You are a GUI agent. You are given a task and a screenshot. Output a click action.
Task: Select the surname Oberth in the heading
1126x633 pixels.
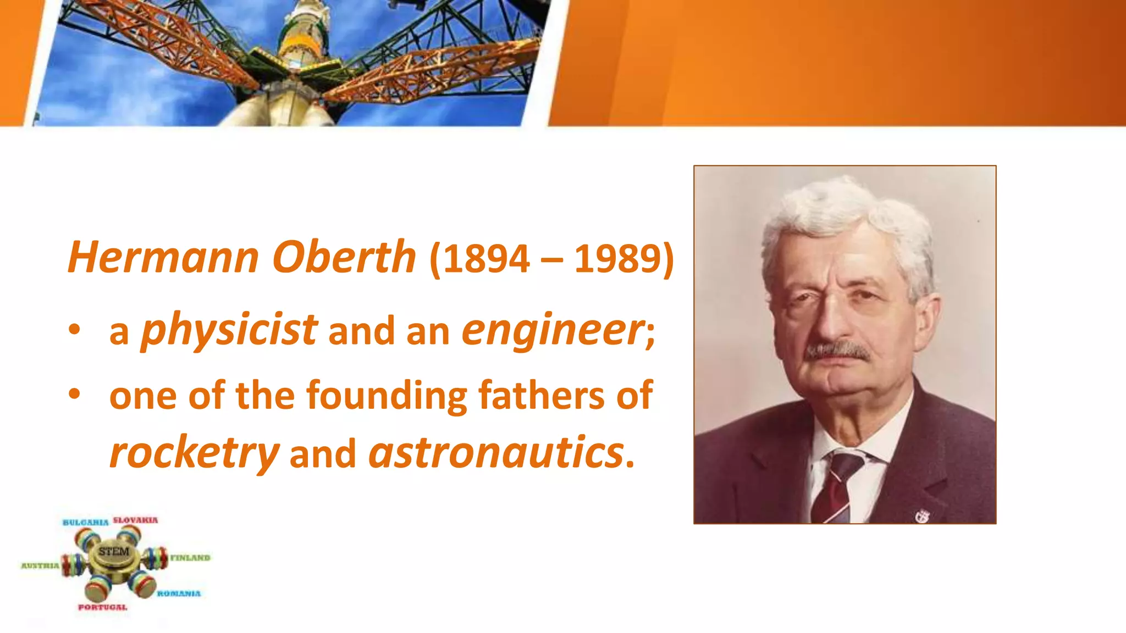(x=344, y=257)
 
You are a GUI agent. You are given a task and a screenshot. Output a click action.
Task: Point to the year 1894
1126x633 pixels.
(x=487, y=258)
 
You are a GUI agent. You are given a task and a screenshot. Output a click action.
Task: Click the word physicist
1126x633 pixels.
(x=229, y=330)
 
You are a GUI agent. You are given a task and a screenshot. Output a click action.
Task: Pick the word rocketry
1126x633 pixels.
(x=194, y=453)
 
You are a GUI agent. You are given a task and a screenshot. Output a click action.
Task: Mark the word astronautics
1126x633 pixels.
(x=496, y=453)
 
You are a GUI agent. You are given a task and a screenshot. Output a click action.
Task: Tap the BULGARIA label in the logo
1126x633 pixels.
(x=86, y=522)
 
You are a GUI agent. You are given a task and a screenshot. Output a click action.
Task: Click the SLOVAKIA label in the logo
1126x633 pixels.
(x=135, y=520)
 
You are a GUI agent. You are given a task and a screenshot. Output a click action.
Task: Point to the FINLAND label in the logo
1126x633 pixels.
(x=190, y=558)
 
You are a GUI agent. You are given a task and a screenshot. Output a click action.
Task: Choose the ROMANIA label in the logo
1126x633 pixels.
(x=179, y=593)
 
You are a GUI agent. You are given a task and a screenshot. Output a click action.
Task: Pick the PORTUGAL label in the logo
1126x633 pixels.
(x=103, y=607)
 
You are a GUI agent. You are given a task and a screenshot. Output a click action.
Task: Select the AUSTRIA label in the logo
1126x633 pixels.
(x=40, y=565)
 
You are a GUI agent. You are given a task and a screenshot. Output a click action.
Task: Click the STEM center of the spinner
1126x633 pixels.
(x=114, y=552)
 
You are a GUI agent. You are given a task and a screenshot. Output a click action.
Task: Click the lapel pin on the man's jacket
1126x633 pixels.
(x=922, y=515)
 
